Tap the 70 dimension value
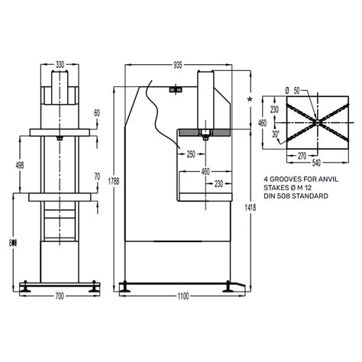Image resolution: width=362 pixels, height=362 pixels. pyautogui.click(x=97, y=177)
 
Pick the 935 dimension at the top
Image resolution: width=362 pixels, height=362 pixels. pyautogui.click(x=177, y=66)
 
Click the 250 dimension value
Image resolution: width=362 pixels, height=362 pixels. pyautogui.click(x=191, y=154)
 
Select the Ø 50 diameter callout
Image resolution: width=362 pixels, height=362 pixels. pyautogui.click(x=291, y=90)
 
